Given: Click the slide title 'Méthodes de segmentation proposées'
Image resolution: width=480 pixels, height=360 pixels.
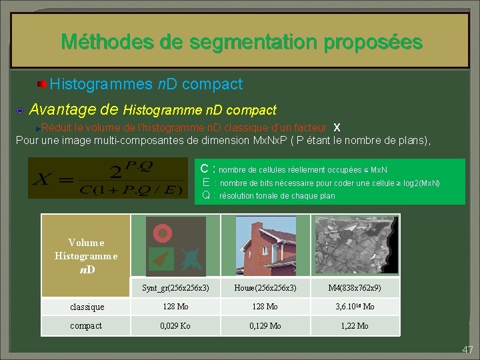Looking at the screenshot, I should click(241, 43).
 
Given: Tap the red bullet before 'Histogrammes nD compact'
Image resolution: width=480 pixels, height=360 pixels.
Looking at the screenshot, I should click(42, 85).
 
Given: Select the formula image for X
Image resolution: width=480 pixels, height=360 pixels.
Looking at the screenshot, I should click(108, 178).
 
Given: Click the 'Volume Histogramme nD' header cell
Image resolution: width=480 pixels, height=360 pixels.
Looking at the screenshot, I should click(86, 256).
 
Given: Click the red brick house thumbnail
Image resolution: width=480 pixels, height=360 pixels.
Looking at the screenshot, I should click(265, 245).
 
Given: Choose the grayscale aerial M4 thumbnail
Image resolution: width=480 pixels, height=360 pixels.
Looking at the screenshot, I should click(355, 245).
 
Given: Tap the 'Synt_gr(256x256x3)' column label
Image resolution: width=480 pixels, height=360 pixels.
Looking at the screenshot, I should click(175, 288).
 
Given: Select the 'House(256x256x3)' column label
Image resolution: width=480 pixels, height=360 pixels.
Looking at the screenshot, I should click(265, 288).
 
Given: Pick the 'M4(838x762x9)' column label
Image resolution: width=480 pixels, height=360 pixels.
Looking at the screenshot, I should click(355, 288).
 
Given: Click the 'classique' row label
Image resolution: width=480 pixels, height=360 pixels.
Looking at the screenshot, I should click(87, 307).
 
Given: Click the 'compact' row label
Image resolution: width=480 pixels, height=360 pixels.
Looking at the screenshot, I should click(86, 325).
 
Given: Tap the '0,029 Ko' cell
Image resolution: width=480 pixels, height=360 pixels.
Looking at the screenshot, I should click(176, 325).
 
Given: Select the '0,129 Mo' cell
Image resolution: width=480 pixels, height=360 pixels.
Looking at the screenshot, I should click(265, 325).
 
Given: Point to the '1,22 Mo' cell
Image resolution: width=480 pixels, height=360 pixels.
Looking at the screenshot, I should click(355, 325).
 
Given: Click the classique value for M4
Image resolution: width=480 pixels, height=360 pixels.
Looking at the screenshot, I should click(355, 307).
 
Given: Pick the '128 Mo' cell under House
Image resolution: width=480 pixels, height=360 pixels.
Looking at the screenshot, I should click(265, 307).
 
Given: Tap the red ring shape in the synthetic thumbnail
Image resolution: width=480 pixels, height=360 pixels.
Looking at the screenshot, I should click(161, 233).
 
